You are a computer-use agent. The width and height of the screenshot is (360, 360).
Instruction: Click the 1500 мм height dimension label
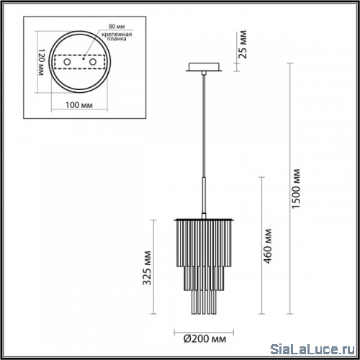pyautogui.click(x=296, y=189)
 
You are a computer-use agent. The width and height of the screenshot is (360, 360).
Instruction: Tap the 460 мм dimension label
pyautogui.click(x=268, y=246)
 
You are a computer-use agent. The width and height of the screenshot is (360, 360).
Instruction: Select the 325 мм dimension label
pyautogui.click(x=147, y=268)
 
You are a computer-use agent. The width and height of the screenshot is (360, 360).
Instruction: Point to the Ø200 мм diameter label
pyautogui.click(x=204, y=339)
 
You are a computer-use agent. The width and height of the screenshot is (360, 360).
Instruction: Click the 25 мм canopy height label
pyautogui.click(x=243, y=45)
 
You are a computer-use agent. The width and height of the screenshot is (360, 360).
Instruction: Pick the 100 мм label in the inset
pyautogui.click(x=79, y=105)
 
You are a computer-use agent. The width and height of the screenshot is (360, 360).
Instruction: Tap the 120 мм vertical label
pyautogui.click(x=42, y=62)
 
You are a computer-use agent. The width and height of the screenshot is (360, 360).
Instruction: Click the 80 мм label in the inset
pyautogui.click(x=117, y=26)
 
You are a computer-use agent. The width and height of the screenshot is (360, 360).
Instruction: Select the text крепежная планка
pyautogui.click(x=117, y=37)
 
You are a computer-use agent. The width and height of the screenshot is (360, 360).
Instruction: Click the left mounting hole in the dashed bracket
pyautogui.click(x=67, y=62)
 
